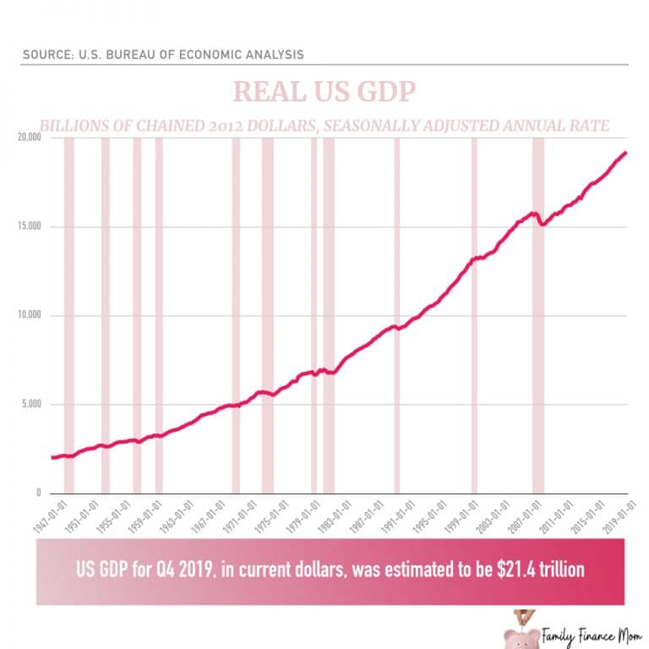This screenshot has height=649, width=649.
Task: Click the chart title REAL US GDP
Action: tap(324, 91)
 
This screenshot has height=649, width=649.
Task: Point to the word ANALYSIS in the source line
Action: tap(272, 55)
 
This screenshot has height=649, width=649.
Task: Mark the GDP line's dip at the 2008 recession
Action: tap(543, 224)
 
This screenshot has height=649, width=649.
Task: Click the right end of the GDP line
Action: tap(625, 153)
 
